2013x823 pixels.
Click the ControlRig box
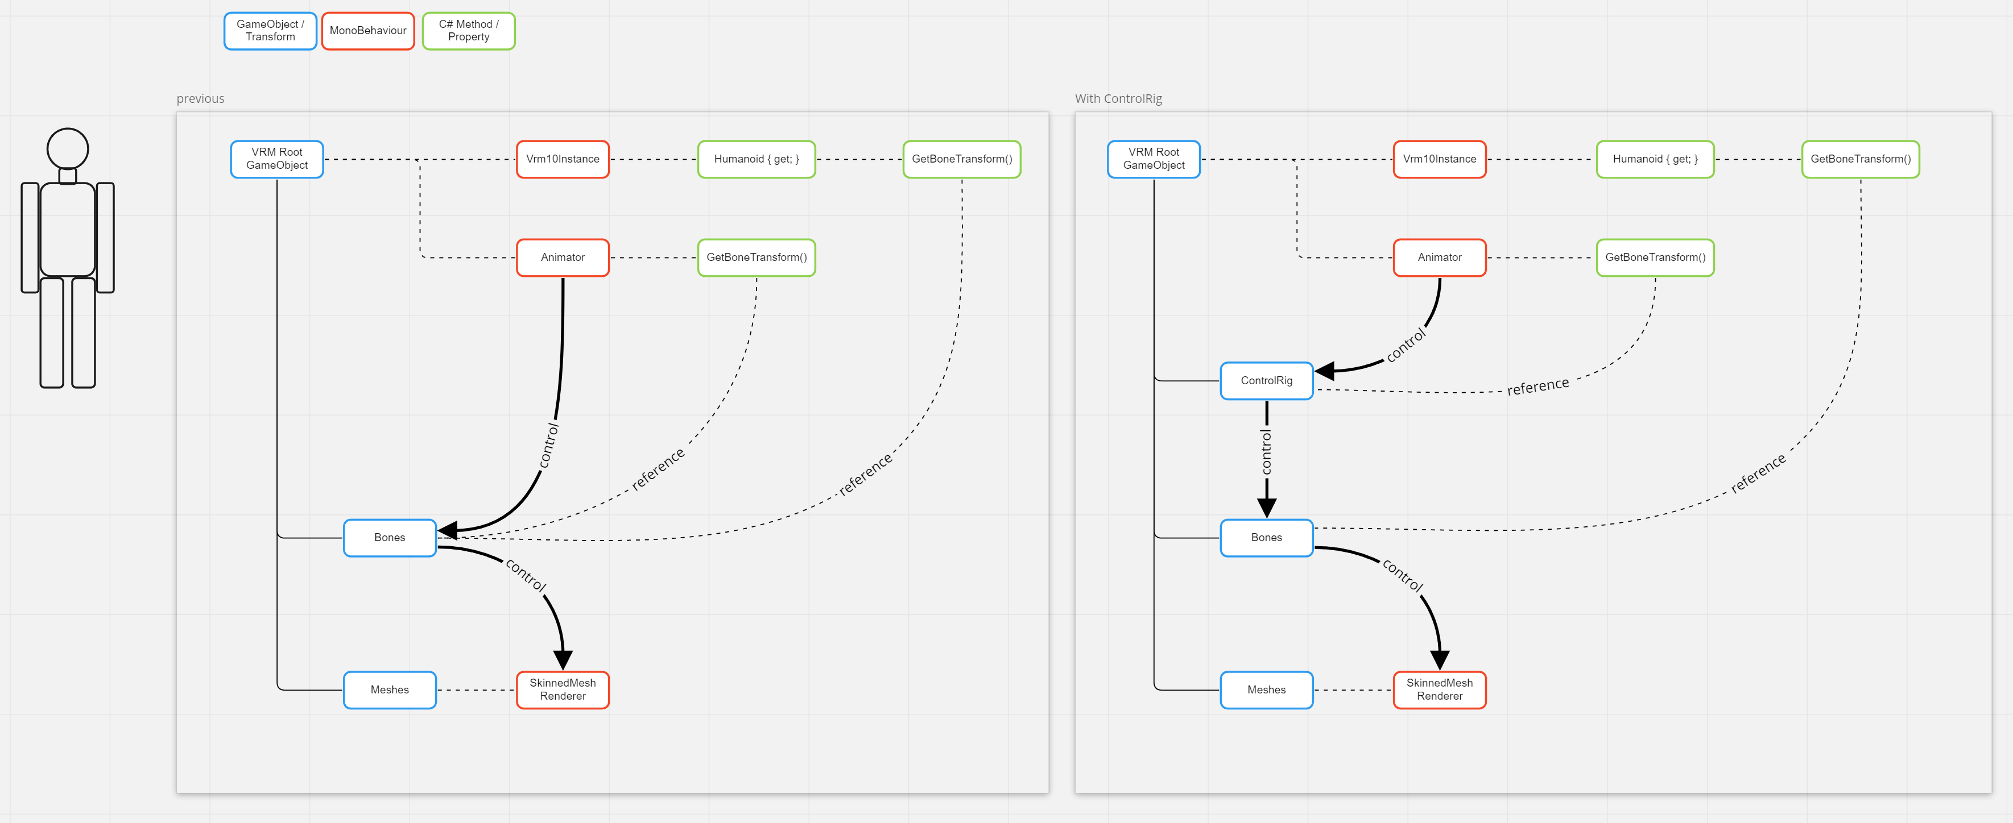pyautogui.click(x=1266, y=380)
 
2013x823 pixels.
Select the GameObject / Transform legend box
pyautogui.click(x=270, y=31)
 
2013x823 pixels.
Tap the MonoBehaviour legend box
pyautogui.click(x=368, y=31)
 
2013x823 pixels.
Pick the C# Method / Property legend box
pyautogui.click(x=469, y=31)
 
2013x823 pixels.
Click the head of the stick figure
pyautogui.click(x=68, y=148)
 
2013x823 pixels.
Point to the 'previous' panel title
pyautogui.click(x=200, y=98)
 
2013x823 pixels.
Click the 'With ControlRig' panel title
pyautogui.click(x=1118, y=98)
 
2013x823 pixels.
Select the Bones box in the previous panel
pyautogui.click(x=390, y=537)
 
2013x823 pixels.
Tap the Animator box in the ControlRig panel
pyautogui.click(x=1440, y=257)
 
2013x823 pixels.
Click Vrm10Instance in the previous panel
pyautogui.click(x=563, y=159)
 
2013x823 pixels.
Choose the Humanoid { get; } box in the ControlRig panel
pyautogui.click(x=1655, y=159)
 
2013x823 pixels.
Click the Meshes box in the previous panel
pyautogui.click(x=390, y=689)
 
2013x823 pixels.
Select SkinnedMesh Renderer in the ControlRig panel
pyautogui.click(x=1440, y=689)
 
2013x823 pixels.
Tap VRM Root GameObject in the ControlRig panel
pyautogui.click(x=1154, y=159)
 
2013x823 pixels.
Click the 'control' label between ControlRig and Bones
pyautogui.click(x=1266, y=451)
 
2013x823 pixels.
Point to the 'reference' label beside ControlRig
pyautogui.click(x=1538, y=386)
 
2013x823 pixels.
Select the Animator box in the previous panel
pyautogui.click(x=563, y=257)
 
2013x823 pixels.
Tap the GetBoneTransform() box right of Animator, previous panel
pyautogui.click(x=757, y=257)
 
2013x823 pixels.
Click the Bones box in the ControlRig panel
pyautogui.click(x=1266, y=537)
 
